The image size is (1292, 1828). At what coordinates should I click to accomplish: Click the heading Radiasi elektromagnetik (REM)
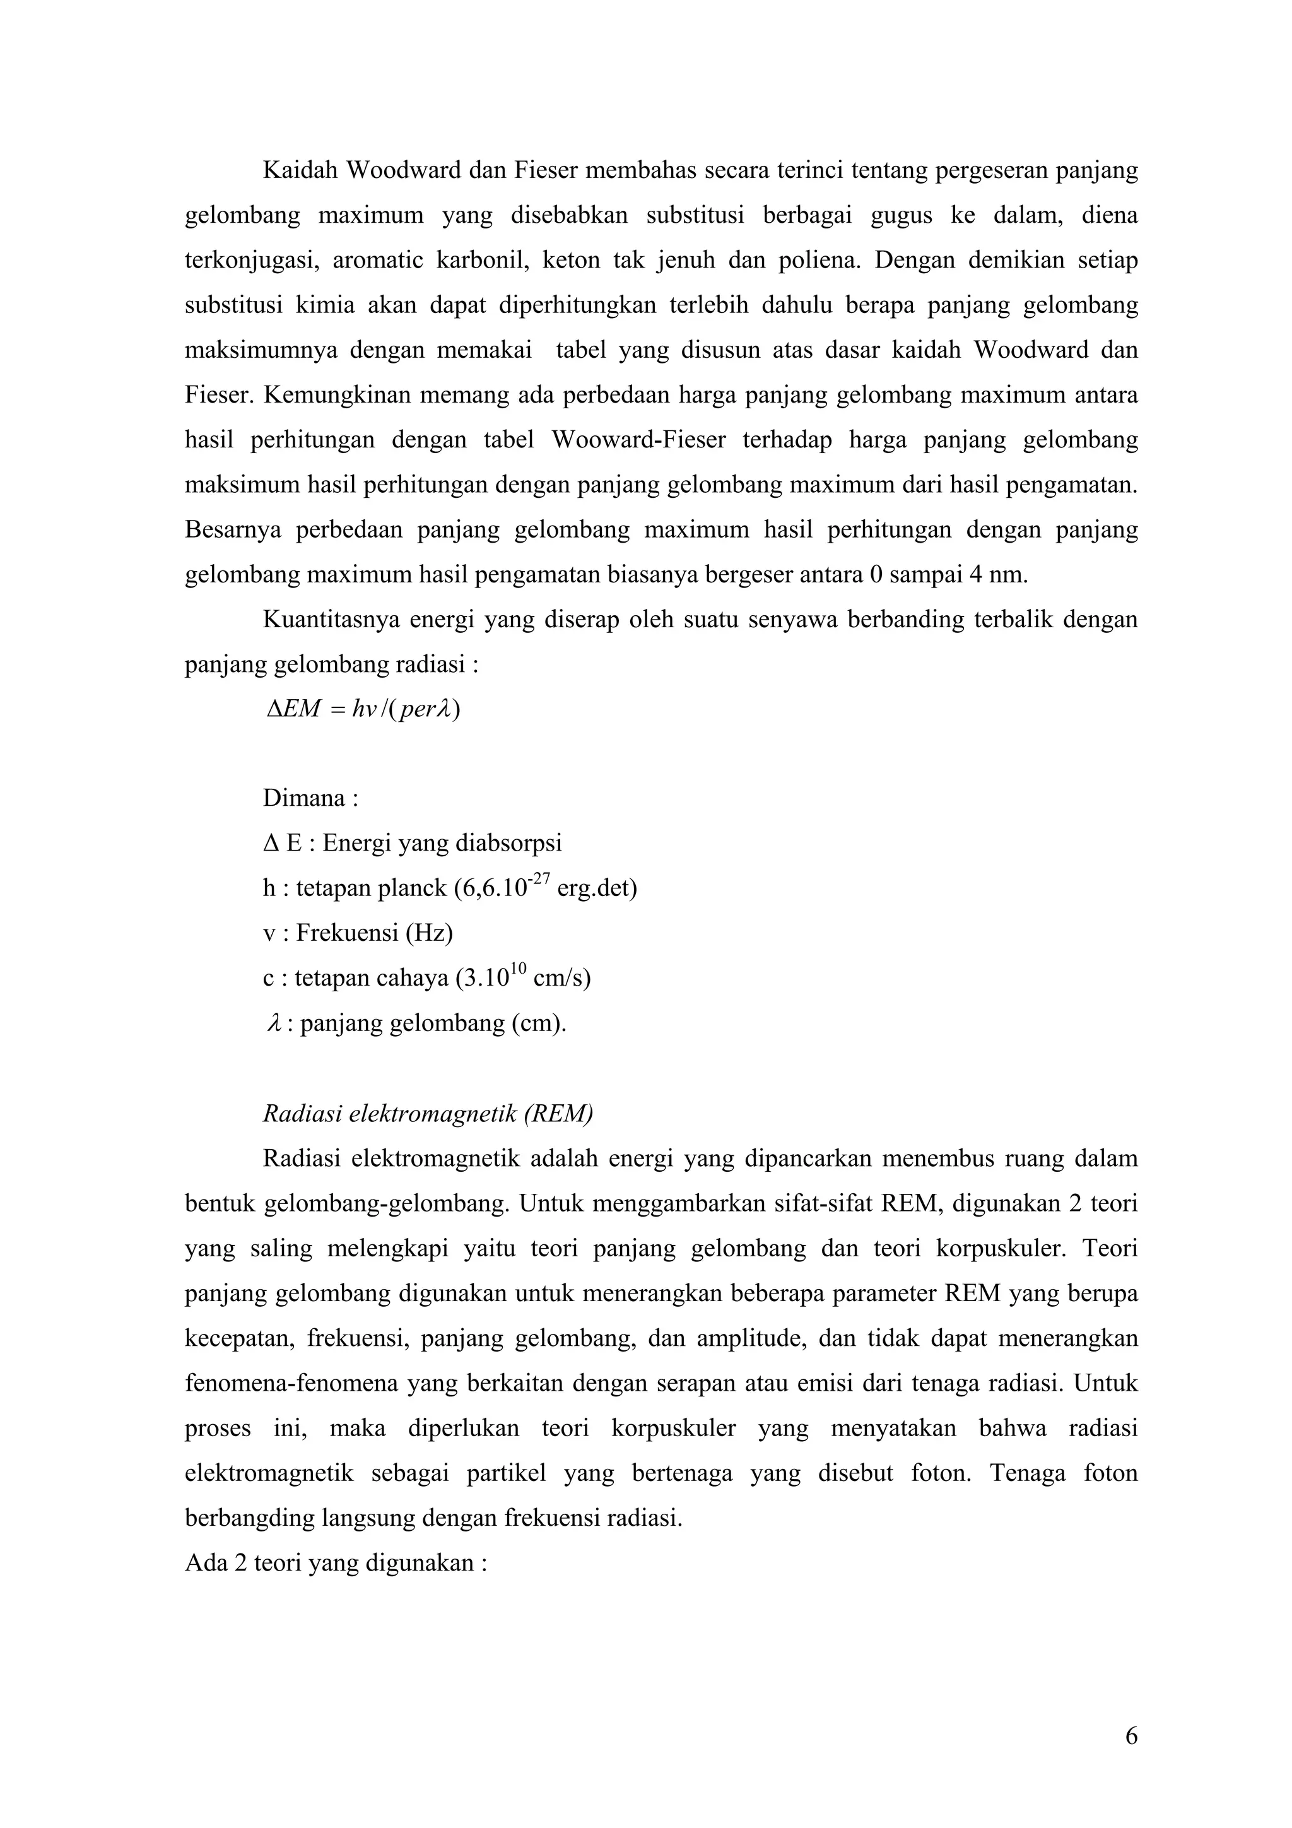point(428,1113)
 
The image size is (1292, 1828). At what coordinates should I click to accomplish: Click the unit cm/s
point(561,977)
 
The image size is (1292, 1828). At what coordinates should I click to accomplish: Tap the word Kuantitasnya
point(329,620)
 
